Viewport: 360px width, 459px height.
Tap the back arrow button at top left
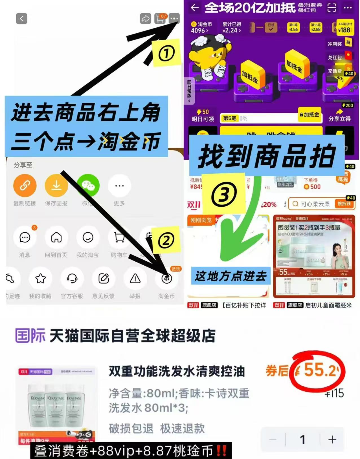pyautogui.click(x=22, y=19)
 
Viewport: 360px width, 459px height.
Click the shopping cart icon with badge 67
pyautogui.click(x=160, y=18)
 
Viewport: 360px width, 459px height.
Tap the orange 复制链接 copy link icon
pyautogui.click(x=25, y=186)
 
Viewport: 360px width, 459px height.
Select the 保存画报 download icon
pyautogui.click(x=56, y=186)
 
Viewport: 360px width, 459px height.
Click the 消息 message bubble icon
pyautogui.click(x=25, y=237)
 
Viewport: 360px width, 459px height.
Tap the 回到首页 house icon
pyautogui.click(x=56, y=237)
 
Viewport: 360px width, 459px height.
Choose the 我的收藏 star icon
pyautogui.click(x=41, y=279)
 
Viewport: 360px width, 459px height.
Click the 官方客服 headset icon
pyautogui.click(x=72, y=279)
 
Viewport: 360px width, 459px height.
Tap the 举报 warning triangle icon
pyautogui.click(x=135, y=279)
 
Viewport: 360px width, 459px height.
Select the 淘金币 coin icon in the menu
pyautogui.click(x=166, y=279)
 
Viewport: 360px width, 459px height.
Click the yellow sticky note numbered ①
pyautogui.click(x=166, y=53)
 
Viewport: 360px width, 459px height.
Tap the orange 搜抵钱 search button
pyautogui.click(x=344, y=204)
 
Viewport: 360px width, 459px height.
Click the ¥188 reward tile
pyautogui.click(x=344, y=28)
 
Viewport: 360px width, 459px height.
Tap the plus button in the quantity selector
pyautogui.click(x=332, y=439)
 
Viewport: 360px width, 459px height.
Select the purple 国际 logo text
pyautogui.click(x=30, y=336)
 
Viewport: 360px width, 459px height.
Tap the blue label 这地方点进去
pyautogui.click(x=231, y=275)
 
